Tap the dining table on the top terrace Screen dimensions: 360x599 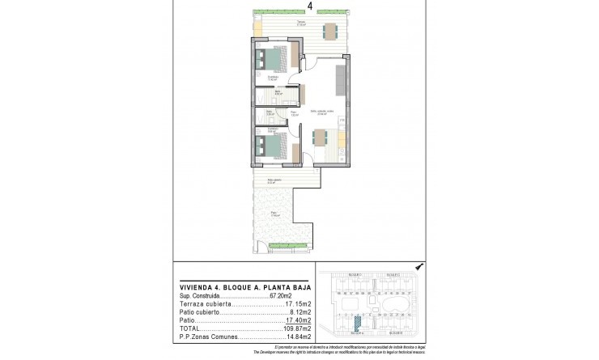tap(329, 32)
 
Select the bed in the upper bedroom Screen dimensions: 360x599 tap(270, 60)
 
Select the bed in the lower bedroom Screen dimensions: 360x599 tap(270, 146)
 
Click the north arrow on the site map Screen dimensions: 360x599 tap(418, 266)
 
